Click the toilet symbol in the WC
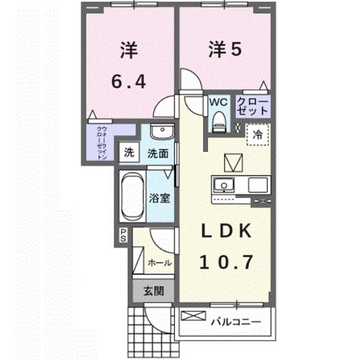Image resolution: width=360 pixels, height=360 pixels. tap(217, 122)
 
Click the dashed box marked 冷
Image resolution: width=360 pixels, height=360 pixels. tap(257, 134)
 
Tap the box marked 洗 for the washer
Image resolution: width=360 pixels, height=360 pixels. tap(128, 152)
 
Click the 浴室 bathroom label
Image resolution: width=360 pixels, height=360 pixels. tap(160, 196)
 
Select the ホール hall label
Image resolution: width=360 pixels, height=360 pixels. tap(160, 263)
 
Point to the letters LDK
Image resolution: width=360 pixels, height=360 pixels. tap(225, 232)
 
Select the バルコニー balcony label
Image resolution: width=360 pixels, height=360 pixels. tap(234, 318)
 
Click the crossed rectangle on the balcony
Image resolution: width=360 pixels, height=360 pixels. tap(194, 315)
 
